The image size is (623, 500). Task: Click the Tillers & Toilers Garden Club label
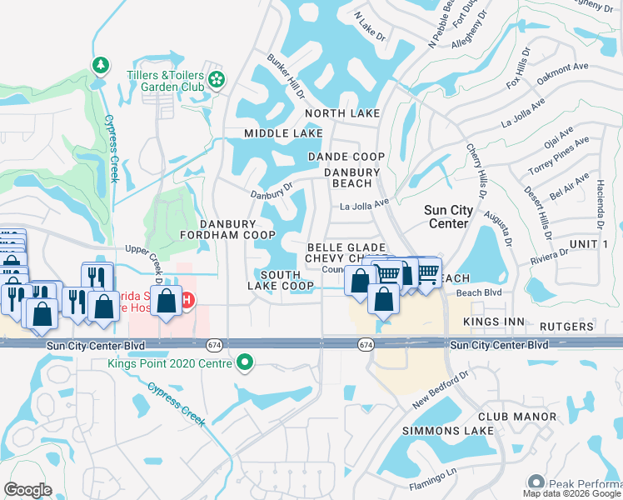(x=166, y=79)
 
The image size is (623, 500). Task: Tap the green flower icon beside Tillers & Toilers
(x=217, y=79)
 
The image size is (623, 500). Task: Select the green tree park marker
(x=100, y=65)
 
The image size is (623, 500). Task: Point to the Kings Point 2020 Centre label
(x=171, y=362)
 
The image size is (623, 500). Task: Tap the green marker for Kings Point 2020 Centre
(x=244, y=362)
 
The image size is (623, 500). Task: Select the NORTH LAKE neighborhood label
(x=341, y=113)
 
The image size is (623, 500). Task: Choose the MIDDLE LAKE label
(x=283, y=133)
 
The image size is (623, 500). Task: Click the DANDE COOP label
(x=346, y=157)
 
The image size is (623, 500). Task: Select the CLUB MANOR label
(x=517, y=416)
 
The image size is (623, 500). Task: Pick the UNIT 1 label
(x=587, y=243)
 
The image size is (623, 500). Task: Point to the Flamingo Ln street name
(x=434, y=479)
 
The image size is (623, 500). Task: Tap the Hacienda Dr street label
(x=600, y=205)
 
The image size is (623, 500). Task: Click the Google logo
(x=28, y=489)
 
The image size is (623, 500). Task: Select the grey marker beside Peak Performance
(x=536, y=482)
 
